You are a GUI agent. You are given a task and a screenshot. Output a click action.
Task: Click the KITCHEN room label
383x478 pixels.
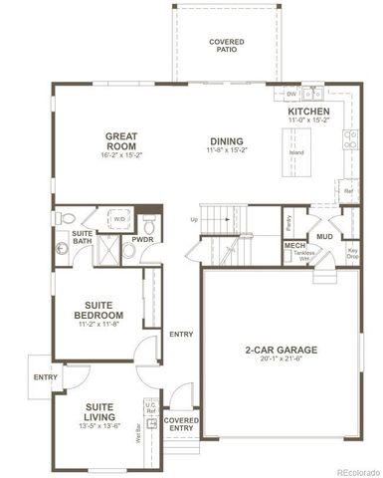309,112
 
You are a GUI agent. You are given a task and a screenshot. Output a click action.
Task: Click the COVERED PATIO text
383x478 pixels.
227,45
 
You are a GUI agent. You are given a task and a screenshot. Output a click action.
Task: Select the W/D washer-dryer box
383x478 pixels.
119,217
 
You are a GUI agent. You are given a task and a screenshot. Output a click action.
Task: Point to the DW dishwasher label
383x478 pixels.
291,94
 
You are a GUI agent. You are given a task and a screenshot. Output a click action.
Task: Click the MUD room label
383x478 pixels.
324,236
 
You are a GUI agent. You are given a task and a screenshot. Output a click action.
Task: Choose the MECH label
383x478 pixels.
294,245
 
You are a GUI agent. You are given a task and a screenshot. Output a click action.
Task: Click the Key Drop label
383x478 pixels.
352,253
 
